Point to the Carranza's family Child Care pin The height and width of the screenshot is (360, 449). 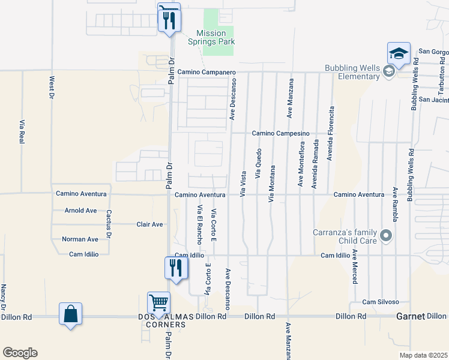pyautogui.click(x=386, y=235)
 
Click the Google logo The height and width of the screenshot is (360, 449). pyautogui.click(x=20, y=353)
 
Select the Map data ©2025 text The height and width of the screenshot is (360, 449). pyautogui.click(x=423, y=355)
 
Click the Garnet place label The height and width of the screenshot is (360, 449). pyautogui.click(x=411, y=316)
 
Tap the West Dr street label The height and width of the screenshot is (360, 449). pyautogui.click(x=52, y=87)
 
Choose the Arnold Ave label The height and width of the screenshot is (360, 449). pyautogui.click(x=80, y=211)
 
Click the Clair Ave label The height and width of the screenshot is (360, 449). pyautogui.click(x=149, y=224)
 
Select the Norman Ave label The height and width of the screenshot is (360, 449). pyautogui.click(x=80, y=239)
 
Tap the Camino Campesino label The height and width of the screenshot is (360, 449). pyautogui.click(x=280, y=133)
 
